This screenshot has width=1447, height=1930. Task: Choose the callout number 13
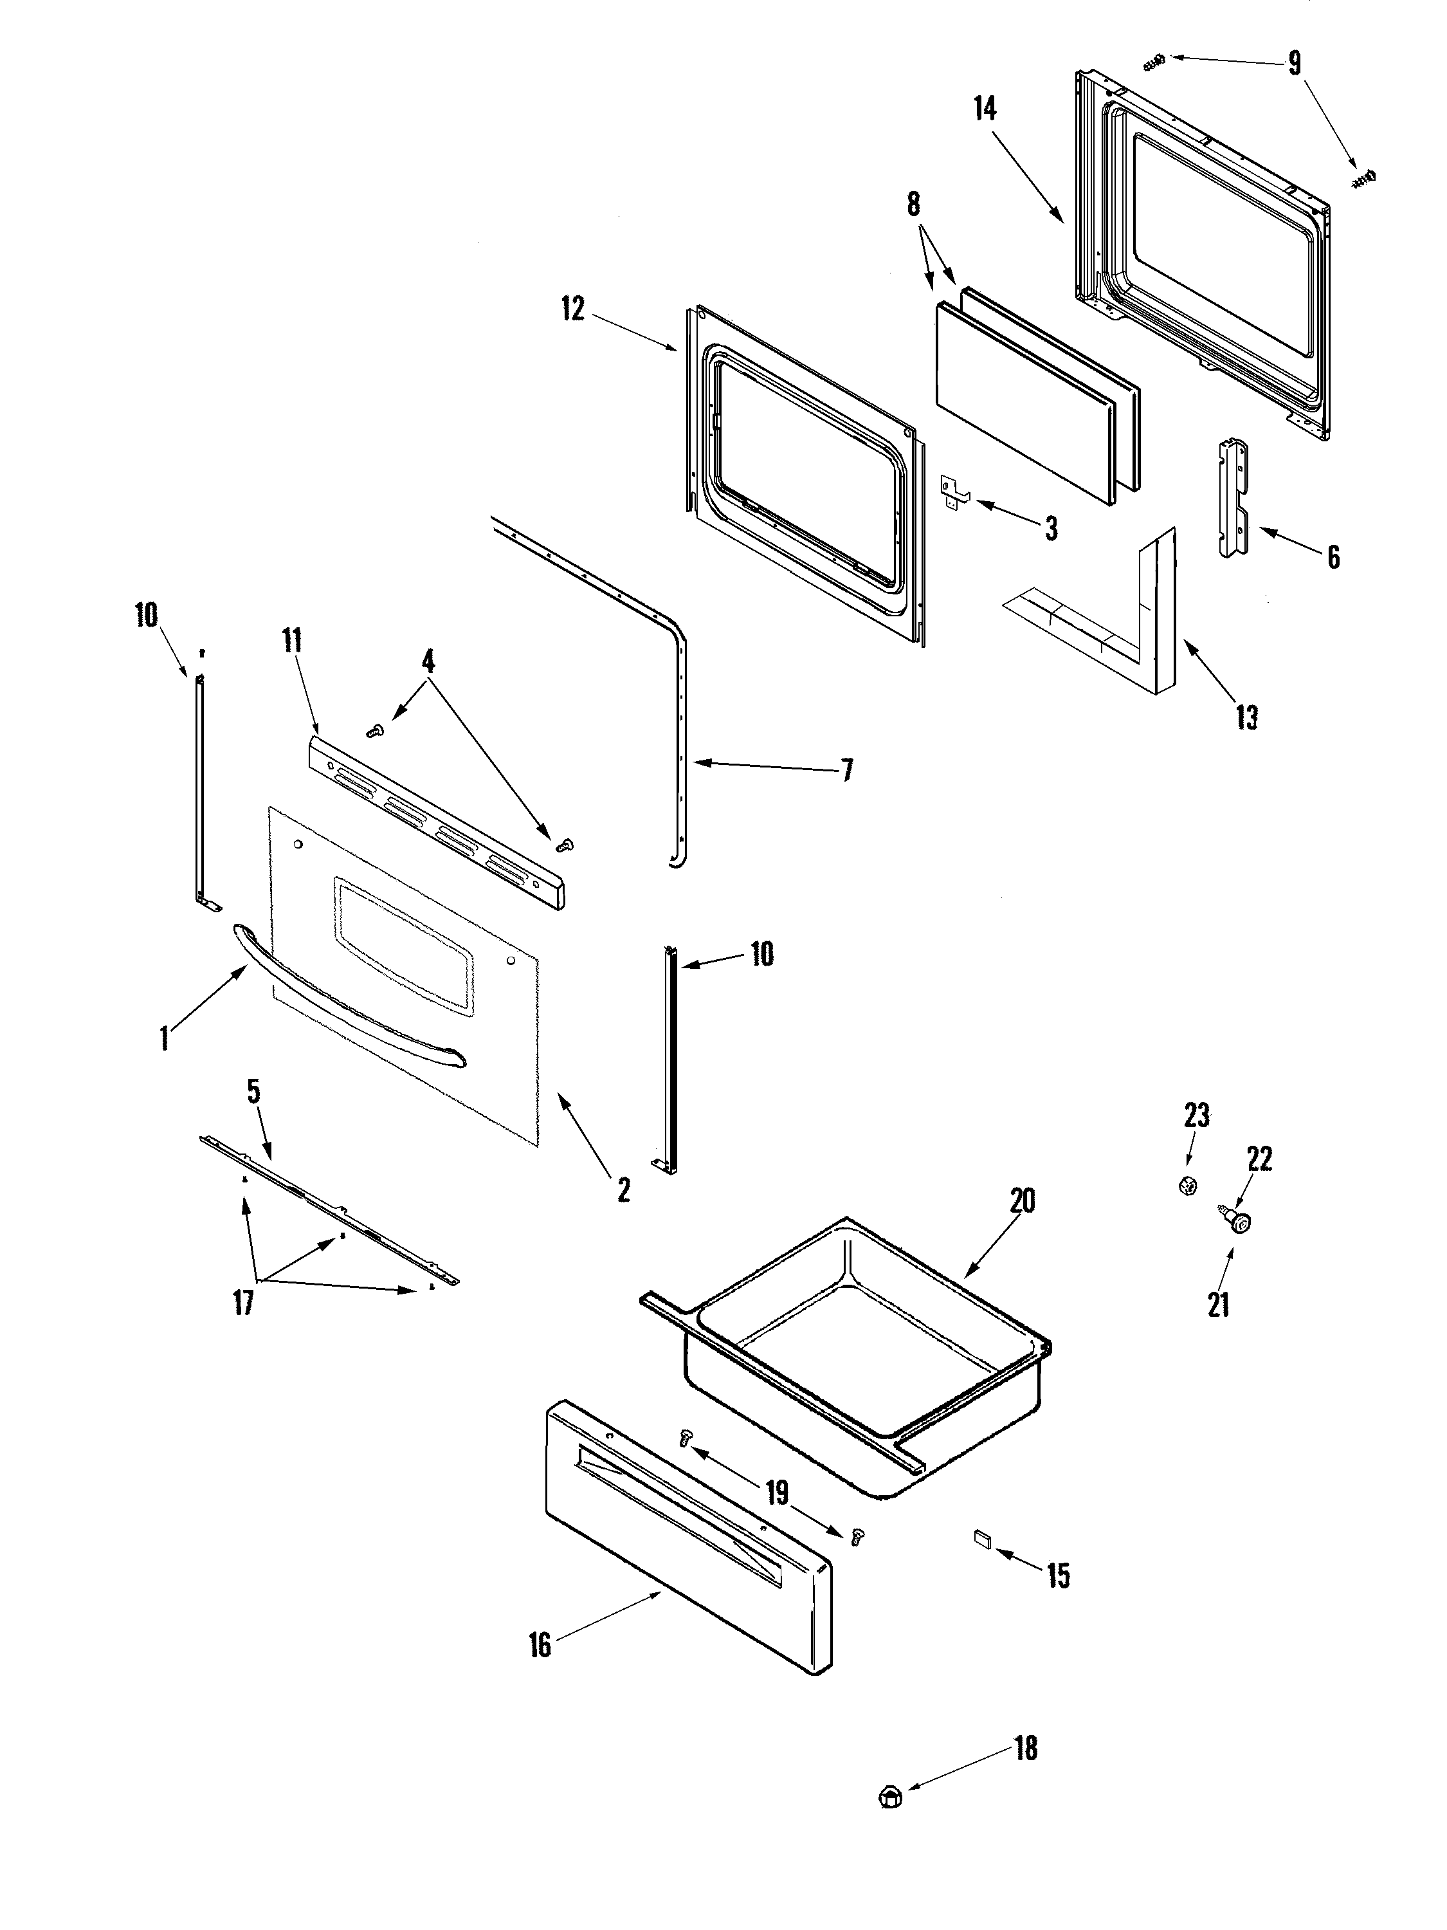(1246, 717)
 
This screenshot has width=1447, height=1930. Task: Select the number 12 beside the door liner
(573, 309)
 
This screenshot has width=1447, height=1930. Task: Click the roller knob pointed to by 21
(1239, 1224)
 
